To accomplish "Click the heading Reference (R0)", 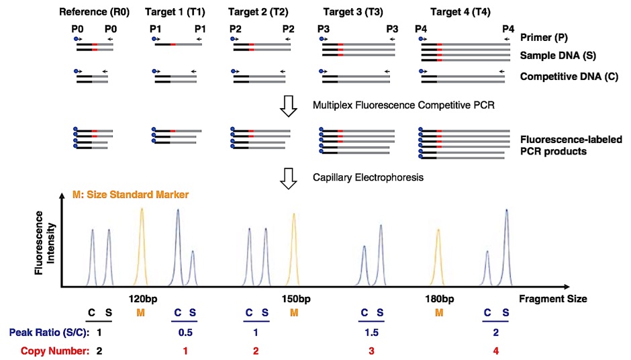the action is pos(94,12).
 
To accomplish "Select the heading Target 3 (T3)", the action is pos(353,12).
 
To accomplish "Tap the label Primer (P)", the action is pos(544,38).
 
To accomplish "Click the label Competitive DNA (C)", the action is pos(569,77).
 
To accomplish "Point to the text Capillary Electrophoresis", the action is pos(369,177).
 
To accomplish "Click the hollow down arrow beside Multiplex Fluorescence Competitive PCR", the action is pos(289,106).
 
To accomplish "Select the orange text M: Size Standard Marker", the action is pos(130,195).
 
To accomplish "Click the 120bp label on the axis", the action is pos(143,299).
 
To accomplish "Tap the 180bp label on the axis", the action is pos(440,299).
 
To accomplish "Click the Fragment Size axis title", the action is pos(553,299).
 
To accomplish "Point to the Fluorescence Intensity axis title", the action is pos(45,243).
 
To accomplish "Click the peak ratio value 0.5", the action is pos(185,332).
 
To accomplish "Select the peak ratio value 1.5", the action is pos(371,332).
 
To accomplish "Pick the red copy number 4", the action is pos(496,351).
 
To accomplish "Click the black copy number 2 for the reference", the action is pos(99,351).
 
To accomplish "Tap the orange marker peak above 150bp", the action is pos(294,250).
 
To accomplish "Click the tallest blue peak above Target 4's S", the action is pos(507,248).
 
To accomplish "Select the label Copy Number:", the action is pos(55,351).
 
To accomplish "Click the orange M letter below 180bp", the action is pos(439,313).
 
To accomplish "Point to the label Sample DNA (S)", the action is pos(558,56).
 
